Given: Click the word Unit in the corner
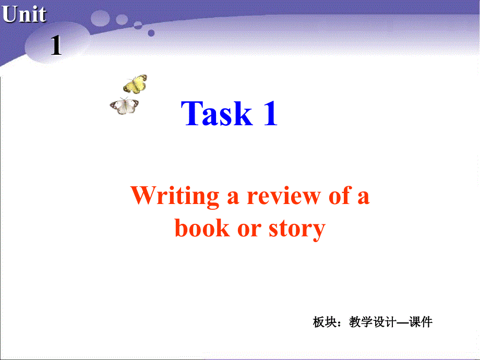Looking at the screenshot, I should point(24,15).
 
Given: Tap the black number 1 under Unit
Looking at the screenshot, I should point(56,47).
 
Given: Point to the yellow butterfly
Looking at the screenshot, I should point(135,83).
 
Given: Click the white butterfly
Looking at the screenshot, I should point(125,106).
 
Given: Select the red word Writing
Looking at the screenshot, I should point(175,197).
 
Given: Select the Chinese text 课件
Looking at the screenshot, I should point(421,322).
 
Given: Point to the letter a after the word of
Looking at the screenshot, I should point(364,198).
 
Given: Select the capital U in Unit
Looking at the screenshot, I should point(9,15).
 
